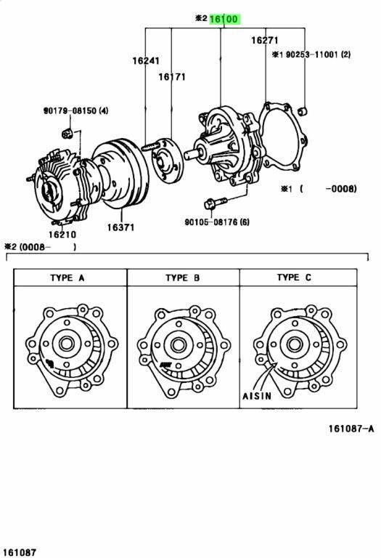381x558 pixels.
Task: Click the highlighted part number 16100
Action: point(224,20)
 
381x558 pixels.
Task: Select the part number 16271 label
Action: point(266,41)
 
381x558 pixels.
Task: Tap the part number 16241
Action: point(146,60)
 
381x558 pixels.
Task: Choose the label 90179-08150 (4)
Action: point(75,110)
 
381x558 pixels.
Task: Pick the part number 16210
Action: point(62,234)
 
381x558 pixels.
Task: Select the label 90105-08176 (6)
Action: point(217,222)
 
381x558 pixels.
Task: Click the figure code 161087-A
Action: point(347,429)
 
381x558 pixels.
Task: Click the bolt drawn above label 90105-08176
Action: point(216,201)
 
